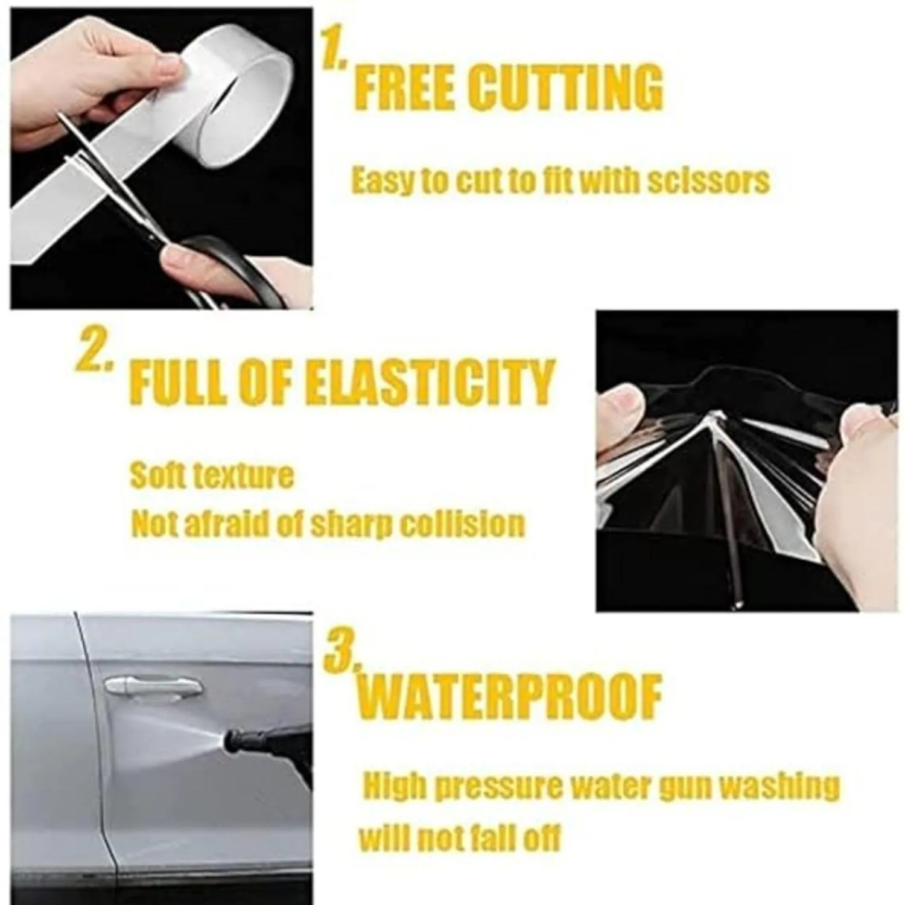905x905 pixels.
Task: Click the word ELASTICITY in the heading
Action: [x=429, y=383]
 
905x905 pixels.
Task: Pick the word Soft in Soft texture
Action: [x=156, y=475]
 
